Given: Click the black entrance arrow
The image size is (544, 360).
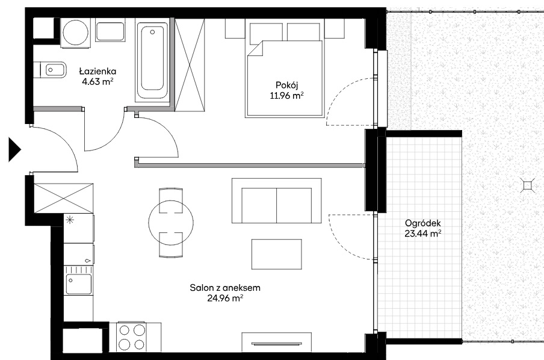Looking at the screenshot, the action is (x=14, y=150).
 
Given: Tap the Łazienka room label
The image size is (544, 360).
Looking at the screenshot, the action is (x=97, y=72).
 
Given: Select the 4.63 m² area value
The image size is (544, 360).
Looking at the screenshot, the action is (x=97, y=82).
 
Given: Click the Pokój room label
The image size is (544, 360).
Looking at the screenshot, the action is (x=287, y=85).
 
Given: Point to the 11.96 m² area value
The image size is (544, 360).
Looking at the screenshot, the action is (x=287, y=96).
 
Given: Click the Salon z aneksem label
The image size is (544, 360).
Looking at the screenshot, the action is (x=225, y=288).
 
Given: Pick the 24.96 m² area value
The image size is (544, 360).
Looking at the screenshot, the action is (x=225, y=298).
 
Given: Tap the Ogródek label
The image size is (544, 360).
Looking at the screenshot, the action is (x=423, y=223).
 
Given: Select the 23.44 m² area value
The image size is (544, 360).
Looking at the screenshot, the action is (x=423, y=234).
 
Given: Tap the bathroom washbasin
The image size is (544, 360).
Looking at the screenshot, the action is (x=110, y=32).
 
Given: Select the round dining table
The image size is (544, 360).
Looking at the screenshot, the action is (x=171, y=223).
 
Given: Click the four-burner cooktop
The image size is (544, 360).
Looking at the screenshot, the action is (x=132, y=337).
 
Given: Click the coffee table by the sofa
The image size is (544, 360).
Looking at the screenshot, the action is (x=276, y=254).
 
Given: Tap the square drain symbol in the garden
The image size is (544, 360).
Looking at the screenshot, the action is (x=527, y=186).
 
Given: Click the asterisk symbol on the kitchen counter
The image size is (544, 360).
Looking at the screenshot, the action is (x=70, y=220).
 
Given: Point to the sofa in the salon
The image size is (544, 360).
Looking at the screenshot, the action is (x=276, y=200).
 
